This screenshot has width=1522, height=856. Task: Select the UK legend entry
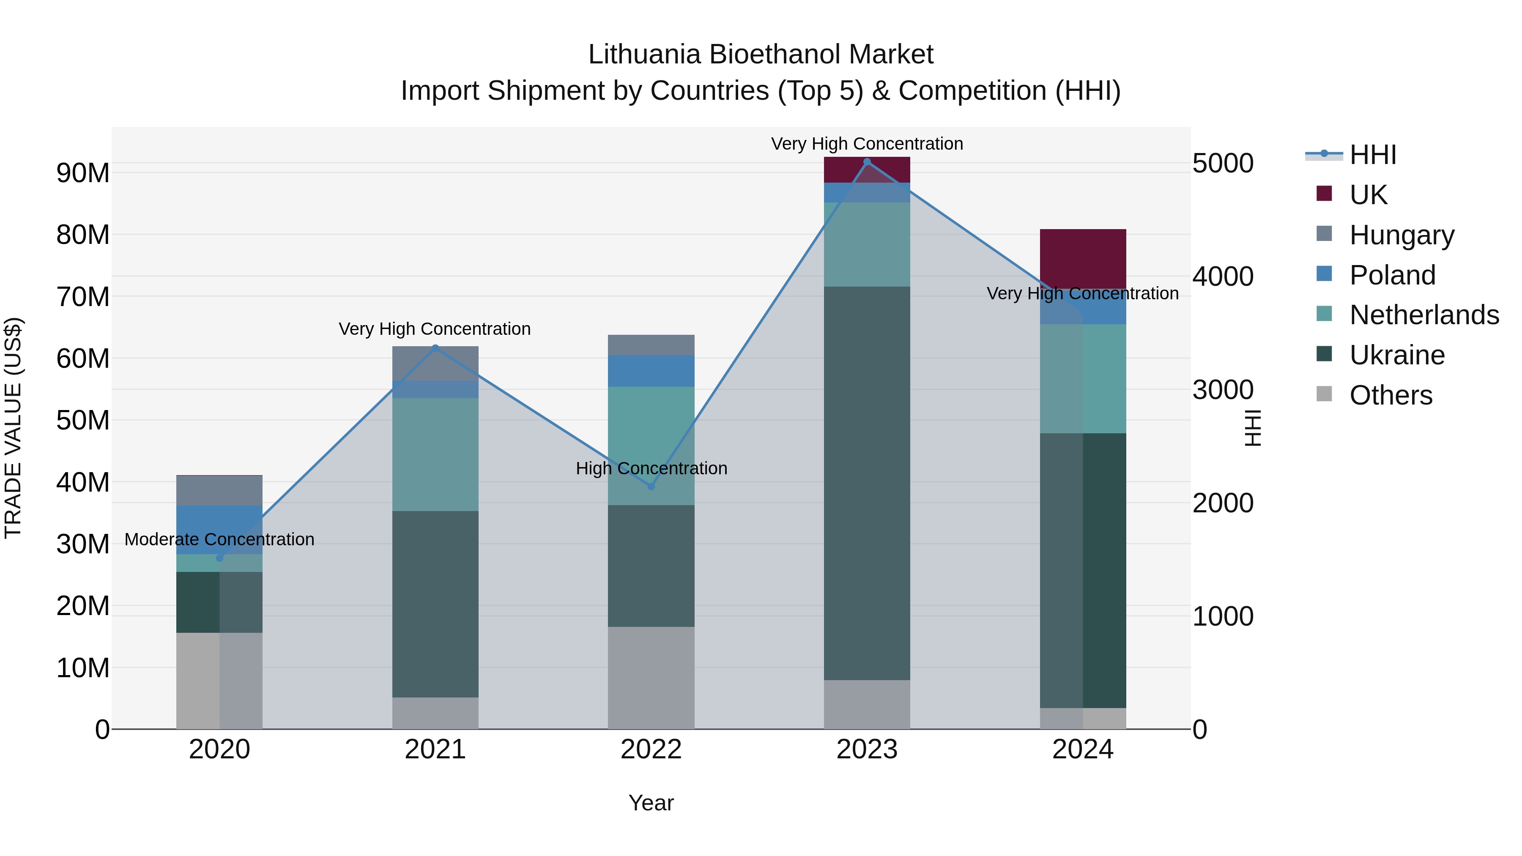point(1368,195)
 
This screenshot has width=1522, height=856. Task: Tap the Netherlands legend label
point(1424,315)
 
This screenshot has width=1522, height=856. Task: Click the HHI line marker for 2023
point(867,162)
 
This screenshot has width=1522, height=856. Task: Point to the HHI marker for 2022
point(651,486)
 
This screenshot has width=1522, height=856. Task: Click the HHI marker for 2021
point(435,348)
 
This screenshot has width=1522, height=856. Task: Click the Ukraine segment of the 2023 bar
point(867,483)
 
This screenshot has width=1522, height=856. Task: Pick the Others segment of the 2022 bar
point(651,678)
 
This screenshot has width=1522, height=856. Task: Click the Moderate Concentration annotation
point(219,539)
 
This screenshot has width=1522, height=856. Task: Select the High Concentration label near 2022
point(651,468)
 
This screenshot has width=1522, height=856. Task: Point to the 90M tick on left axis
point(83,173)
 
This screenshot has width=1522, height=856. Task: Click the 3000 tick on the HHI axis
point(1222,390)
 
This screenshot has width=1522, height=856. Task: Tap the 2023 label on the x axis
point(867,749)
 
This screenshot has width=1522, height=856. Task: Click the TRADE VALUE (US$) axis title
point(13,428)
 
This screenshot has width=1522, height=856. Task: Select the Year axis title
point(651,803)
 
